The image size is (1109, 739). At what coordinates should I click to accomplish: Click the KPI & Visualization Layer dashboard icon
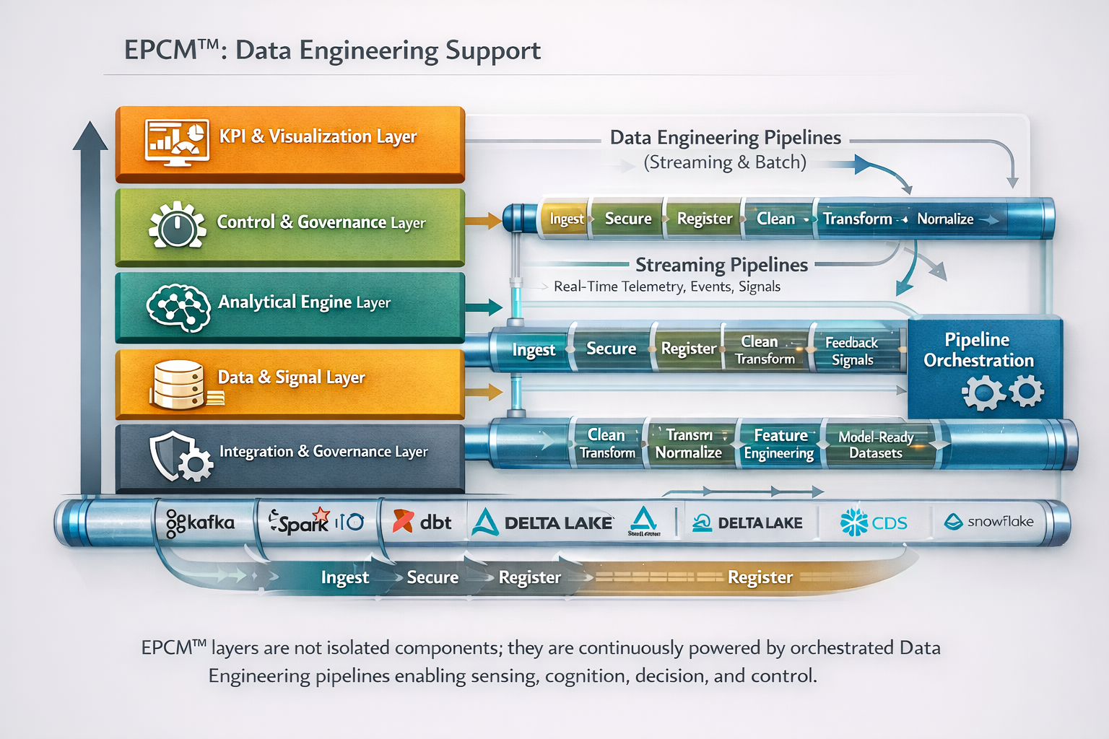(177, 142)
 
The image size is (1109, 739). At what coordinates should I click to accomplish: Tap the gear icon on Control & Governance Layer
(177, 225)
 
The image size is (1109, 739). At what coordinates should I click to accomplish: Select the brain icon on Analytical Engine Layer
(178, 307)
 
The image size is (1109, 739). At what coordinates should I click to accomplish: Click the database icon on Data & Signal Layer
(179, 385)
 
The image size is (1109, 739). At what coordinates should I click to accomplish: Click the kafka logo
(200, 522)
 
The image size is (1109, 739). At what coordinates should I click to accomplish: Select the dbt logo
(422, 522)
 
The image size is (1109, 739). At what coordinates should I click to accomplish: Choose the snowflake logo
(989, 521)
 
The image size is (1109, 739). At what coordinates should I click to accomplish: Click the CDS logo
(874, 522)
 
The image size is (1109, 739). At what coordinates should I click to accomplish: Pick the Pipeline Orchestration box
(983, 368)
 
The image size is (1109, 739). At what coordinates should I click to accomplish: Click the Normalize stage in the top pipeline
(945, 219)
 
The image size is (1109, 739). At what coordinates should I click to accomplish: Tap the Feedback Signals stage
(852, 351)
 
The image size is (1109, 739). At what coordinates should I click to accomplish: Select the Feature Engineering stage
(779, 444)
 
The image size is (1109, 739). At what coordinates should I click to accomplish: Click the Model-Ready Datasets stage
(876, 445)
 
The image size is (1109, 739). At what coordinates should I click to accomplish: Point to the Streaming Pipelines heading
(721, 265)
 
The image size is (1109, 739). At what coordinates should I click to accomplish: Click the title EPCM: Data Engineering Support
(332, 51)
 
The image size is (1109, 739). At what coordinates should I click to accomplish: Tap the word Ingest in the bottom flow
(344, 577)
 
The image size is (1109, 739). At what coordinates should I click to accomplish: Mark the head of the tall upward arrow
(90, 136)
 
